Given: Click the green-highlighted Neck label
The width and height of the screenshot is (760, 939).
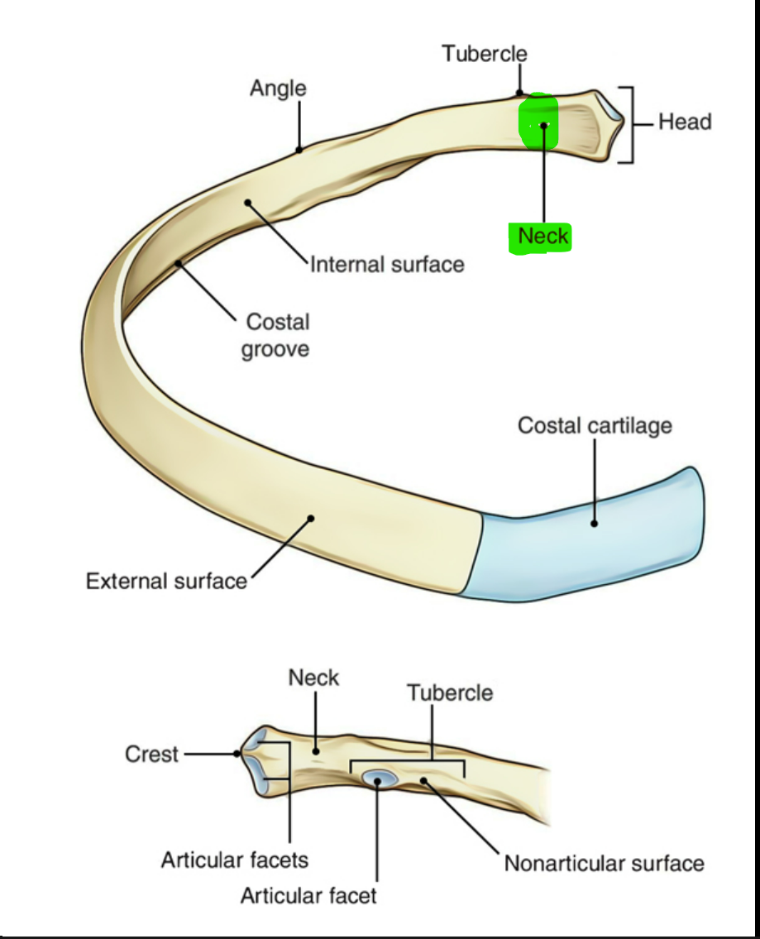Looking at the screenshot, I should coord(543,237).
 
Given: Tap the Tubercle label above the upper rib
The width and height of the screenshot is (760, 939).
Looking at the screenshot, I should coord(484,55).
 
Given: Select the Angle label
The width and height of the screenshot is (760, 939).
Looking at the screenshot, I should coord(278,89).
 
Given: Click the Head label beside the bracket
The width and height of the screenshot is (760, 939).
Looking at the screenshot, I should coord(685,122).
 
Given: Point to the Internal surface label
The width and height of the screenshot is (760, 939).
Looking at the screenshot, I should coord(386,265).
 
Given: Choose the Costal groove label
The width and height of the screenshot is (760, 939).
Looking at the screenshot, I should coord(275,335).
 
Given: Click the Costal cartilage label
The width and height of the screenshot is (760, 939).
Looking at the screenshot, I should coord(595,426).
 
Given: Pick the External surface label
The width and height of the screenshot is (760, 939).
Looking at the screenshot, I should coord(166,581).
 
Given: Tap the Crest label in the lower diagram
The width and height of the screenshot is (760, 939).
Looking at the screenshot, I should coord(151,755).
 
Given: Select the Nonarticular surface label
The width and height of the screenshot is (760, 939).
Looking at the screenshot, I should coord(604,864).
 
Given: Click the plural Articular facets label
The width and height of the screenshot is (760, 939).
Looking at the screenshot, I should coord(234,860).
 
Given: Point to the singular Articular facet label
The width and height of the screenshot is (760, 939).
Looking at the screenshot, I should coord(308,894).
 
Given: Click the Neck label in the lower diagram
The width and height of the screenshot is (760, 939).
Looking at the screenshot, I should coord(313,678).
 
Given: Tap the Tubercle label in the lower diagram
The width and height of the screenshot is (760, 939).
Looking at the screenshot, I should coord(449,692).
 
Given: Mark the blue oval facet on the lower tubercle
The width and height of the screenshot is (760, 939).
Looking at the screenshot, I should coord(380,778).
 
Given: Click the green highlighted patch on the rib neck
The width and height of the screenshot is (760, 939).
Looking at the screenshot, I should coord(538,120).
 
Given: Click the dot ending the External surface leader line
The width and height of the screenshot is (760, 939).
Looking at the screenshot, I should coord(312,519).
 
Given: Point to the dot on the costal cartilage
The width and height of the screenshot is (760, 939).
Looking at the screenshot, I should coord(594,523).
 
